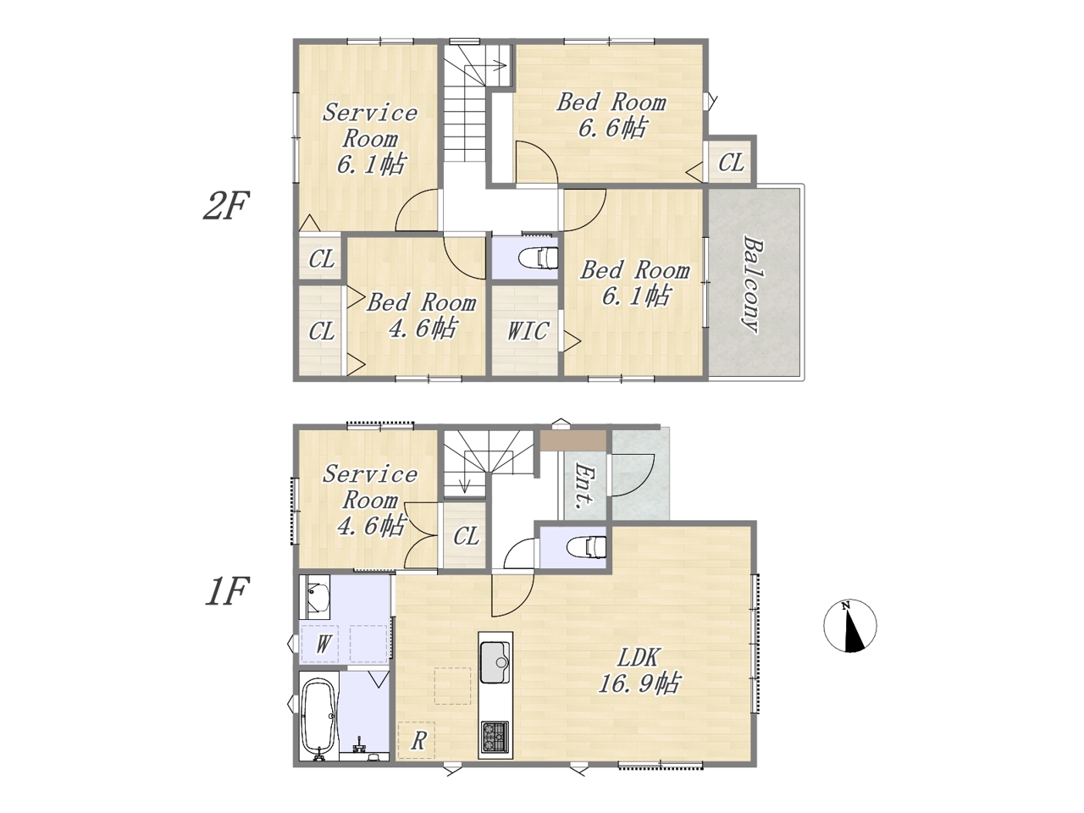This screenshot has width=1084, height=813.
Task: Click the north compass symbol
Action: pyautogui.click(x=849, y=626)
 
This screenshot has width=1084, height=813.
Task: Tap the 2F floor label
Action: pyautogui.click(x=225, y=205)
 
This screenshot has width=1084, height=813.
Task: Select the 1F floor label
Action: pyautogui.click(x=225, y=590)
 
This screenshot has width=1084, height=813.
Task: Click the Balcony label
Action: pyautogui.click(x=753, y=285)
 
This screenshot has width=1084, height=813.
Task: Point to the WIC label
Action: pyautogui.click(x=528, y=331)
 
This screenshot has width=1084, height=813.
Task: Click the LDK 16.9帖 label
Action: pyautogui.click(x=639, y=671)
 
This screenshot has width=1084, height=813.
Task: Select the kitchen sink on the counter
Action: pyautogui.click(x=495, y=662)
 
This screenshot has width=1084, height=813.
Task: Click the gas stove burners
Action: pyautogui.click(x=495, y=738)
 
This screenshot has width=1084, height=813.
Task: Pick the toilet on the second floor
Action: pyautogui.click(x=539, y=257)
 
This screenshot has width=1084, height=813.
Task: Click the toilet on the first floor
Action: pyautogui.click(x=586, y=547)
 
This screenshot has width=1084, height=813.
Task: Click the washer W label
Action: pyautogui.click(x=323, y=644)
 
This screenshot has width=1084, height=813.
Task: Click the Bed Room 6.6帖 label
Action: pyautogui.click(x=612, y=115)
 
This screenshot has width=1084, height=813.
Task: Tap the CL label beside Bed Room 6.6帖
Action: pyautogui.click(x=731, y=162)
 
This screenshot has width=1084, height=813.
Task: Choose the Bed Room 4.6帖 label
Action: pyautogui.click(x=421, y=315)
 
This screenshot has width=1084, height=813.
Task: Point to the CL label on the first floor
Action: pyautogui.click(x=466, y=535)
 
